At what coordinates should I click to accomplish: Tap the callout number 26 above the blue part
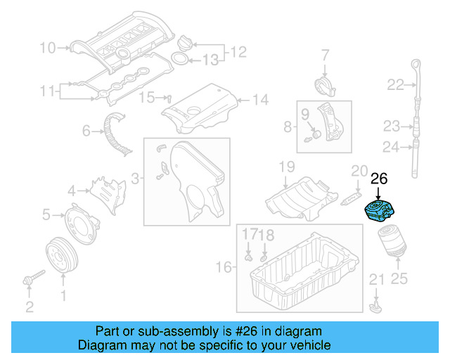click(379, 179)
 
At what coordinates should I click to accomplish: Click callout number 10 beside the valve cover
click(48, 48)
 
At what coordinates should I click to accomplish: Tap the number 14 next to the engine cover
click(260, 100)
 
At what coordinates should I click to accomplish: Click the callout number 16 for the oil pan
click(224, 267)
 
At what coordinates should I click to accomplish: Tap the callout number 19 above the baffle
click(286, 167)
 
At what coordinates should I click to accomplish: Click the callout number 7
click(326, 55)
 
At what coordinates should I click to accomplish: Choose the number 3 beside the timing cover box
click(134, 178)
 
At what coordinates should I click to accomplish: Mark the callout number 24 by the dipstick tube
click(390, 146)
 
